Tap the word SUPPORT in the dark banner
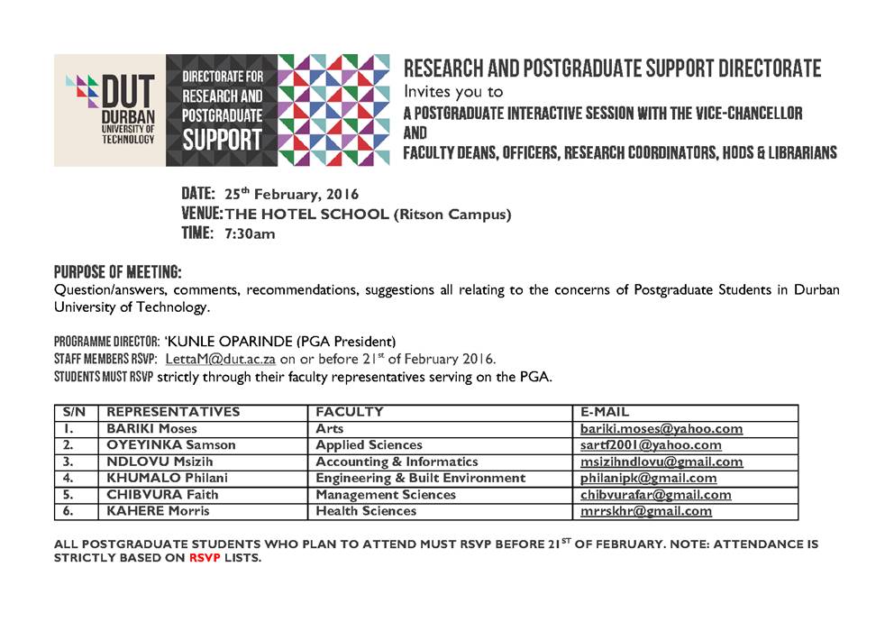pos(222,140)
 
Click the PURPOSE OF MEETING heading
pos(117,271)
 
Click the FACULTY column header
pos(350,412)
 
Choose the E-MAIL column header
pos(606,412)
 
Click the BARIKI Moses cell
pos(151,429)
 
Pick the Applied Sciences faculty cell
pos(369,445)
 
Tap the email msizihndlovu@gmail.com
pos(661,462)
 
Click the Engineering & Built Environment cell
pos(420,478)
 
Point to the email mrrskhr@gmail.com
pos(646,511)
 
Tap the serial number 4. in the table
pos(68,478)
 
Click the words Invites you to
pos(453,92)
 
